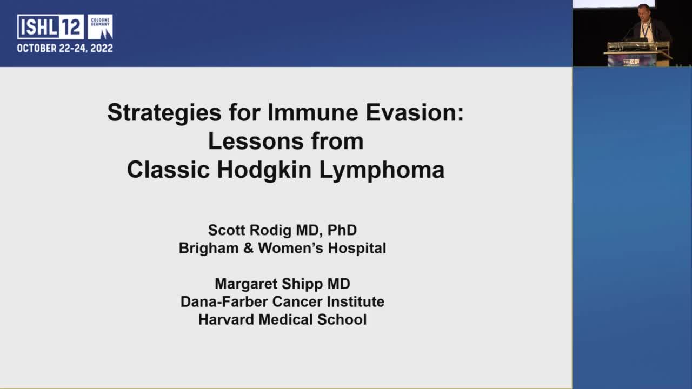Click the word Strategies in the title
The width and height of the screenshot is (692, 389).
point(156,113)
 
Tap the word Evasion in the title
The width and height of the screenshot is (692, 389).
point(415,113)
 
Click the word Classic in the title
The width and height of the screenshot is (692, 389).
point(168,170)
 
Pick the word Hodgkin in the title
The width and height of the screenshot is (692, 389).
point(264,170)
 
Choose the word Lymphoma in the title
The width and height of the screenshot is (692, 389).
point(382,170)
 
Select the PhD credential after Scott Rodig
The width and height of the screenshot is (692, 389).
point(342,230)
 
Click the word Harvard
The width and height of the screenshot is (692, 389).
point(226,319)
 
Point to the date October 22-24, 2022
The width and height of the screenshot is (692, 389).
point(65,48)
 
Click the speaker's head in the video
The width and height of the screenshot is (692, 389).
point(643,11)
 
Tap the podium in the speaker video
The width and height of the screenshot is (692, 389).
point(638,54)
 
